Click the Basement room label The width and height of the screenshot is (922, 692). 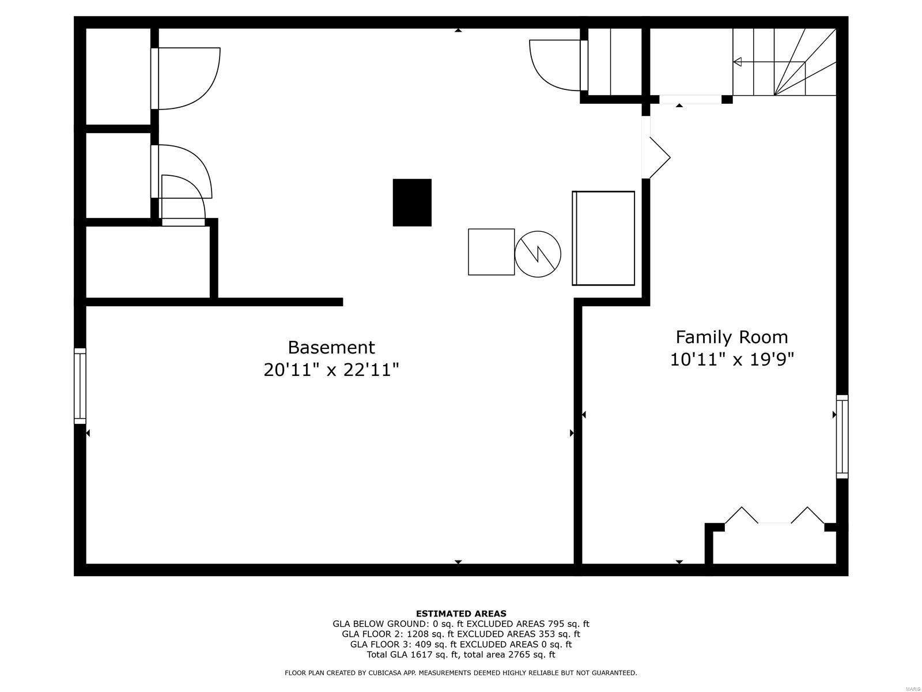pos(331,347)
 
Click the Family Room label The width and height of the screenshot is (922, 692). pos(731,337)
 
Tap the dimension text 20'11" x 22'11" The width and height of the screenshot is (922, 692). pos(331,370)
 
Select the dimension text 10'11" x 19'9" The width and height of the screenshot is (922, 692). pos(731,360)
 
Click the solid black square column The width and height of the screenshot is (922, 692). pos(412,202)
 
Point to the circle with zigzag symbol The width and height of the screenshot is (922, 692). pos(538,254)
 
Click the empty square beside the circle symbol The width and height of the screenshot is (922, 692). pos(491,252)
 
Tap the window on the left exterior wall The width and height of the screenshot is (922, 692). pos(80,386)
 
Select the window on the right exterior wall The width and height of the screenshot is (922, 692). pos(842,437)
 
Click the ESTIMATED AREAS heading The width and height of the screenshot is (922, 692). pos(460,614)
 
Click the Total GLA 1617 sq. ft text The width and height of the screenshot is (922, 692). pos(420,655)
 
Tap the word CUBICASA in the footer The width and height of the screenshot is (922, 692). pos(377,673)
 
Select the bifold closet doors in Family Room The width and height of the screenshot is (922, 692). pos(774,515)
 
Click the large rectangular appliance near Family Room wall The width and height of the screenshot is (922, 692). pos(603,238)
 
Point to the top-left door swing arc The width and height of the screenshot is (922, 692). pos(190,78)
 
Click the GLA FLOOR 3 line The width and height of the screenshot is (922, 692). pos(460,644)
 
